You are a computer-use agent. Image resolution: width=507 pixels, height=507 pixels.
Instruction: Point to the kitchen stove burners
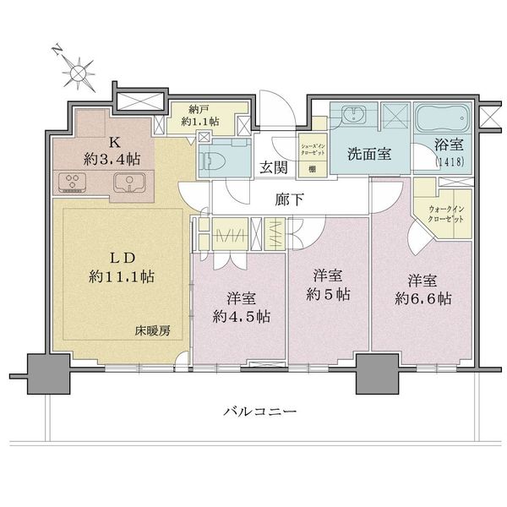coord(74,182)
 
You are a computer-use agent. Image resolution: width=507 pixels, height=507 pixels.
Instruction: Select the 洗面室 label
coord(369,155)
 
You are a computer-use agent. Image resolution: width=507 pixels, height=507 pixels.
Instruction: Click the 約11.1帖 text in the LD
coord(123,275)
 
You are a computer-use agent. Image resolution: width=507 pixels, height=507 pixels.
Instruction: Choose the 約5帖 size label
coord(328,296)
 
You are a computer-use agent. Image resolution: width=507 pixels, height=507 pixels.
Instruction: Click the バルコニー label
coord(260,412)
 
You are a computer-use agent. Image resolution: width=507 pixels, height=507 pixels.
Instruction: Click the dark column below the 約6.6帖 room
coord(376,374)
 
